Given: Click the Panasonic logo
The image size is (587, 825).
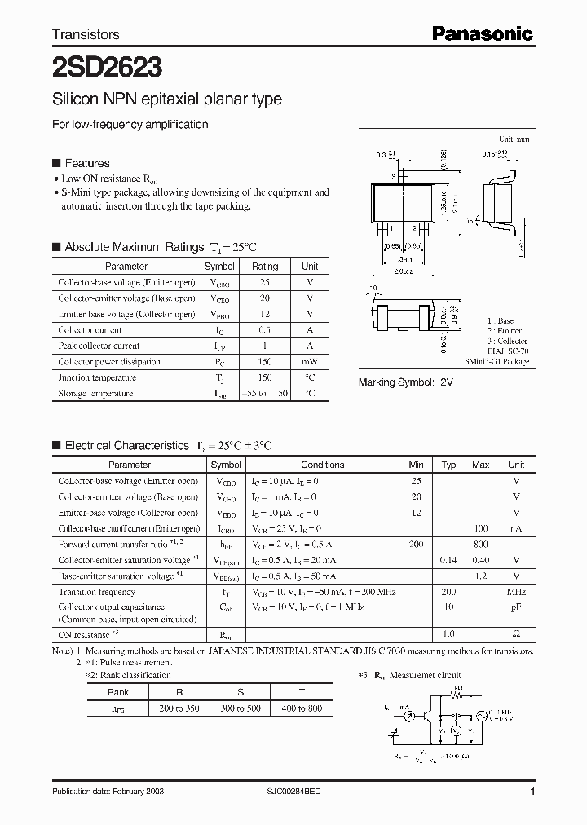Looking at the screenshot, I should point(481,33).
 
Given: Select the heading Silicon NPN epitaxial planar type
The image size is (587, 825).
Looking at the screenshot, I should point(167,99).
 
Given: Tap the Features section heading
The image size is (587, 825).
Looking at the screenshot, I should point(86,163).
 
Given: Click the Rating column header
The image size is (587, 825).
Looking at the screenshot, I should point(265,267).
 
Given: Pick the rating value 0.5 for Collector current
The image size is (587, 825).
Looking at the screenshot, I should point(265,330).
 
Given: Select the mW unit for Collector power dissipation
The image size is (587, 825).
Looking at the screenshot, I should point(310,362).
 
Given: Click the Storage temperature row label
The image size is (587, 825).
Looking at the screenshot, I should point(95,394).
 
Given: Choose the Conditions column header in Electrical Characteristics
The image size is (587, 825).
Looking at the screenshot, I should point(322,465).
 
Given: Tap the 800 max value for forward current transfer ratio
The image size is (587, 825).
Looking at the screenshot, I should point(480,544).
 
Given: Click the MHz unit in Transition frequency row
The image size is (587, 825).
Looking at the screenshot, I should point(515,593).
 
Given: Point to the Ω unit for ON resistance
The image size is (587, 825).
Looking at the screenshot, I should point(516,634).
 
